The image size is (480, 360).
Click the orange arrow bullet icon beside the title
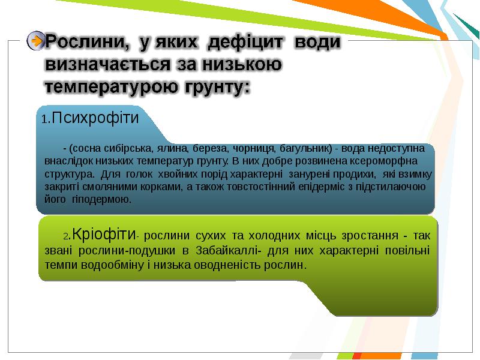36,41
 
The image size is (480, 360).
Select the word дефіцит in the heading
245,42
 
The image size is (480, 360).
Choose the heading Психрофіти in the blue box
95,118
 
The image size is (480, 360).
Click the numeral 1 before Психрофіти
45,119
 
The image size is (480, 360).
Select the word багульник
306,148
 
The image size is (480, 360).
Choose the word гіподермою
101,199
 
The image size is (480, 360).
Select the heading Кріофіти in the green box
104,234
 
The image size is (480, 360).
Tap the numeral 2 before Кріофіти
67,236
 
